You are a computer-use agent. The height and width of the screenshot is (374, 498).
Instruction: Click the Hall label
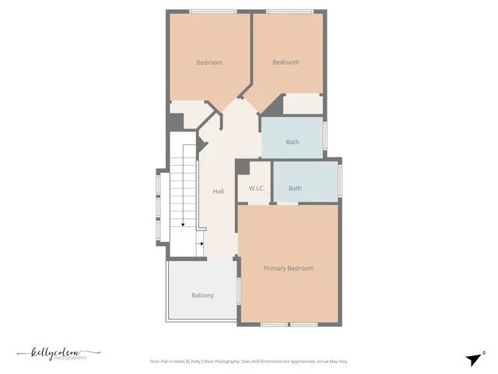[219, 191]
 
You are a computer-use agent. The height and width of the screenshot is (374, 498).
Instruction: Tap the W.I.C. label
[258, 189]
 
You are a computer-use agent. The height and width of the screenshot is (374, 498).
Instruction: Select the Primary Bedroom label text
[288, 268]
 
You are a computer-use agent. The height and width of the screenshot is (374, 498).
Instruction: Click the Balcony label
[202, 295]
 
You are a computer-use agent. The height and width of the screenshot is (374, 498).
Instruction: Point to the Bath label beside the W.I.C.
[295, 188]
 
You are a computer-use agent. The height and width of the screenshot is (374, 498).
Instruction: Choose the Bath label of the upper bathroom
[292, 142]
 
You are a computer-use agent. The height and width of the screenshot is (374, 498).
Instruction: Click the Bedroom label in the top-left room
[209, 62]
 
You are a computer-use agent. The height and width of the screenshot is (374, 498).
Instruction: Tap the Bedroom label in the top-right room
[285, 62]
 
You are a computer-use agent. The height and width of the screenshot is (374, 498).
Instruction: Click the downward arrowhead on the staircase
[183, 224]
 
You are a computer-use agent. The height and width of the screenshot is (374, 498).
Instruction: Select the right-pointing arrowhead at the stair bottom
[202, 243]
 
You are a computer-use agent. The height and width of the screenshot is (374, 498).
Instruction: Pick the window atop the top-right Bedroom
[289, 11]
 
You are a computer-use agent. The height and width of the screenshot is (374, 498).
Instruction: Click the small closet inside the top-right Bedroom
[302, 104]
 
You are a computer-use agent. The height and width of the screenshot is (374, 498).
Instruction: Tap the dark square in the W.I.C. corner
[242, 167]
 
